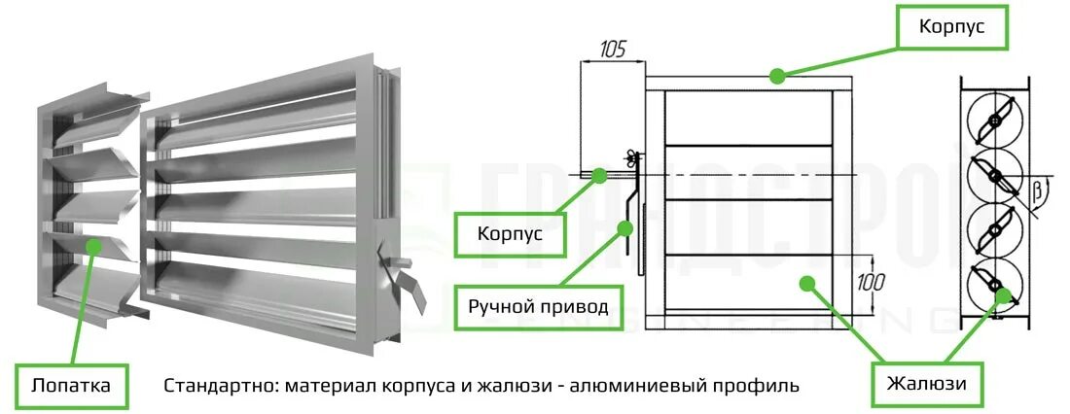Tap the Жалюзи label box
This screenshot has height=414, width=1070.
[x=925, y=383]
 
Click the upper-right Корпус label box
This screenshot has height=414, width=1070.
[x=951, y=28]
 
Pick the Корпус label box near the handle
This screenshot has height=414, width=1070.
[x=509, y=234]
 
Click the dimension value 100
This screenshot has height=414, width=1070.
[x=873, y=283]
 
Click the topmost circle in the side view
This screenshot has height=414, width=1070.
[x=993, y=121]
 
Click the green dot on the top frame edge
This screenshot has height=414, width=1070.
[x=775, y=75]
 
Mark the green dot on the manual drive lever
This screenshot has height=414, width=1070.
[x=624, y=228]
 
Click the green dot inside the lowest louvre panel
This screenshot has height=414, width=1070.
[x=804, y=282]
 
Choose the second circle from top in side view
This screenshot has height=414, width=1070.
[x=993, y=176]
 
